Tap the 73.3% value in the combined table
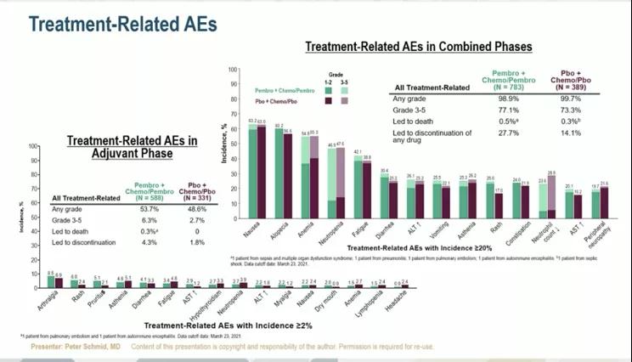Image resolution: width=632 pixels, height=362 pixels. tap(577, 110)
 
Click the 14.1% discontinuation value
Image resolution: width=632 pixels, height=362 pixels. tap(577, 133)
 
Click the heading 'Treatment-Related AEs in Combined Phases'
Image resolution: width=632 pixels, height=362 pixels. tap(418, 46)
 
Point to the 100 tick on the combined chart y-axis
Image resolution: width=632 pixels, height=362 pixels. tap(232, 69)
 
